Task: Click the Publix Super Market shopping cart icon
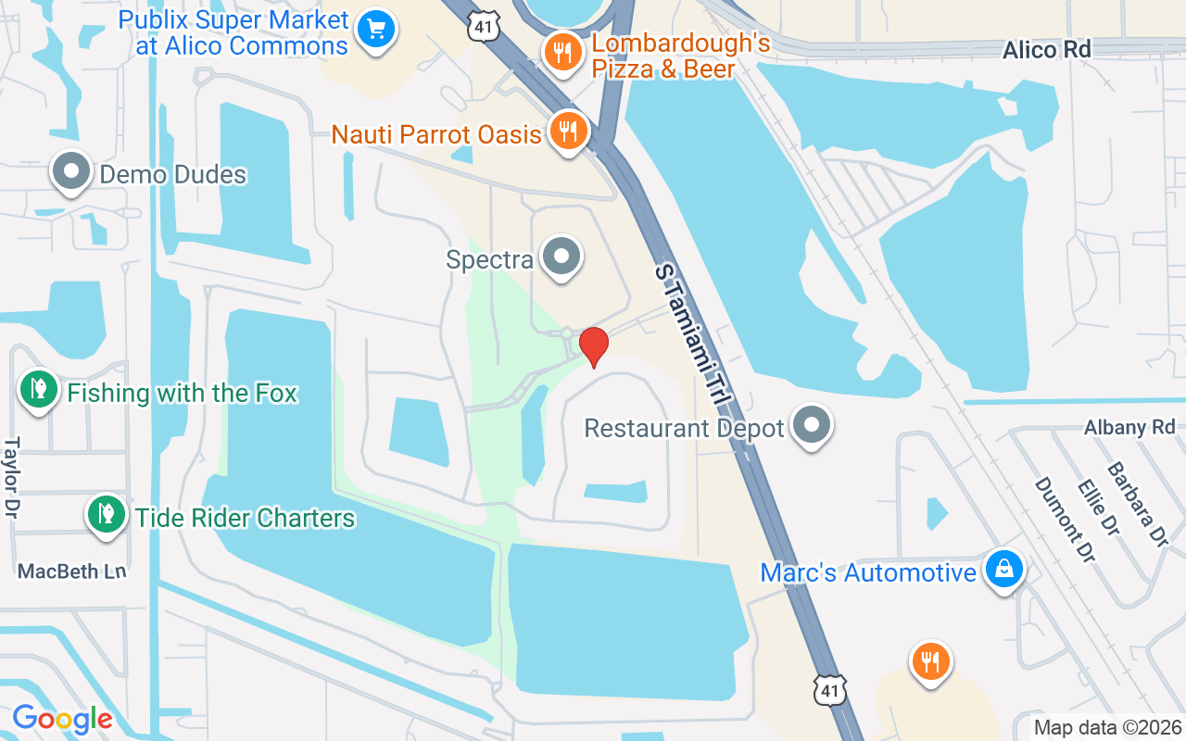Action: pyautogui.click(x=375, y=30)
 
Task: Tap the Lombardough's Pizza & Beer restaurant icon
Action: pyautogui.click(x=561, y=52)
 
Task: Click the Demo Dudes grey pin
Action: pyautogui.click(x=71, y=171)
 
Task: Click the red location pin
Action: pyautogui.click(x=593, y=346)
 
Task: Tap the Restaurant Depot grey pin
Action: pyautogui.click(x=812, y=425)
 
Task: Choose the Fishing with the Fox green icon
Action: pyautogui.click(x=38, y=389)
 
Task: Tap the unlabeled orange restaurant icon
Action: pyautogui.click(x=929, y=661)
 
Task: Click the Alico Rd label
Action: pyautogui.click(x=1047, y=49)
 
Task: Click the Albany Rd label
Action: pyautogui.click(x=1129, y=427)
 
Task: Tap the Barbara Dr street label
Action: pyautogui.click(x=1136, y=504)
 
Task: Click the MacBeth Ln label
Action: pyautogui.click(x=71, y=571)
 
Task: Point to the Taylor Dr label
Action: pyautogui.click(x=12, y=478)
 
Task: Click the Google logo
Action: pyautogui.click(x=62, y=718)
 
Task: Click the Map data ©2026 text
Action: pyautogui.click(x=1107, y=727)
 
